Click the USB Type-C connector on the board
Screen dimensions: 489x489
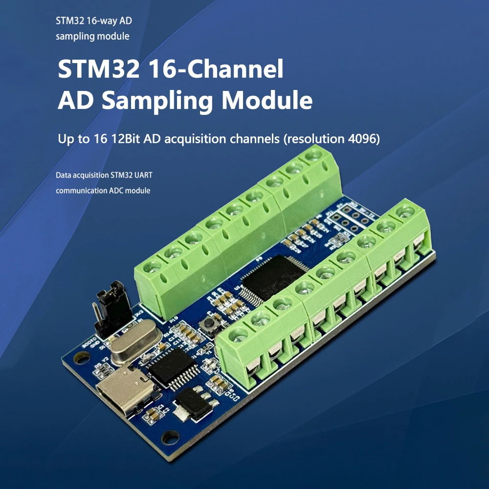[126, 389]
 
